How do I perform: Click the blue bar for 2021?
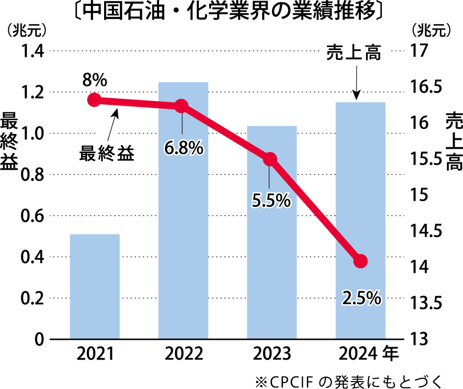[x=95, y=286]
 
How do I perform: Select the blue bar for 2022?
[x=183, y=221]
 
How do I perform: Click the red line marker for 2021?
[x=94, y=100]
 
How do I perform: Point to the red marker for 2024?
[x=360, y=260]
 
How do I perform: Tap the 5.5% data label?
[x=272, y=200]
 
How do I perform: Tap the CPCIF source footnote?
[x=350, y=380]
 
